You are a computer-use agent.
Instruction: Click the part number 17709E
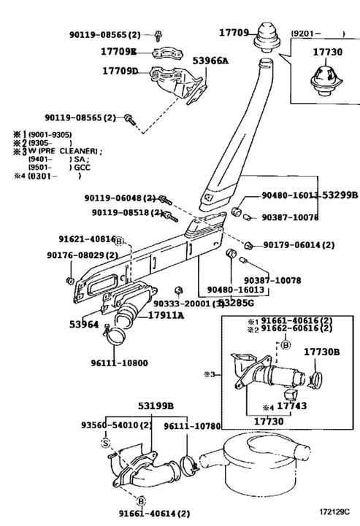[118, 53]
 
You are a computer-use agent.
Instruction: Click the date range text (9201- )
[318, 34]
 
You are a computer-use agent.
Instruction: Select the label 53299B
[340, 196]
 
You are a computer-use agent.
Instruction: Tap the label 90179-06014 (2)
[299, 245]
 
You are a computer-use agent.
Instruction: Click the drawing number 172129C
[334, 515]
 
